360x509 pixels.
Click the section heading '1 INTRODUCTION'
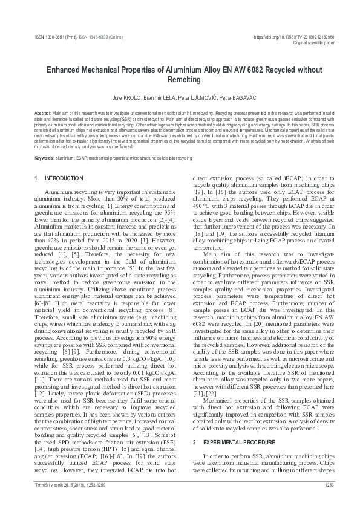coord(59,178)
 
